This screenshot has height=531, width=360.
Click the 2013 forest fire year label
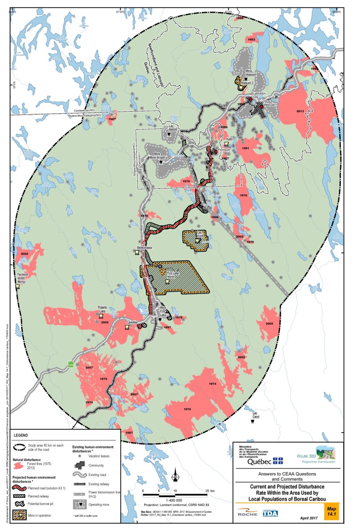(300, 111)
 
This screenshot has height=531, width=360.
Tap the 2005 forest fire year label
(269, 324)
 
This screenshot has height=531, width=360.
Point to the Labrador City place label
(259, 95)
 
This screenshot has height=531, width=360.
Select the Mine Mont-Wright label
(157, 156)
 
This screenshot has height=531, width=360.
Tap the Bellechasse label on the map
(144, 247)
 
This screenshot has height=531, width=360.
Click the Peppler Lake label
(102, 309)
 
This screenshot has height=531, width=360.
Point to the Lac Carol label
(255, 415)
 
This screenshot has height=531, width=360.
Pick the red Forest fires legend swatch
(19, 465)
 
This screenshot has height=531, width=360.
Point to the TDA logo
(270, 513)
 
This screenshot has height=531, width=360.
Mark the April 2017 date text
(309, 518)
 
